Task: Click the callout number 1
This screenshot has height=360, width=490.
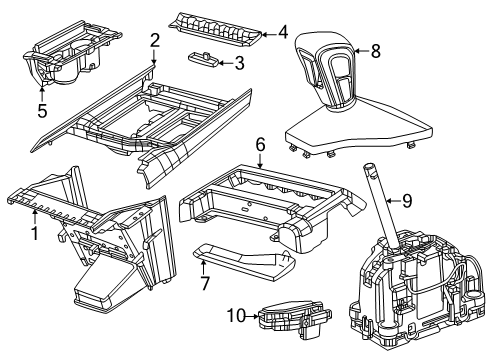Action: pyautogui.click(x=36, y=235)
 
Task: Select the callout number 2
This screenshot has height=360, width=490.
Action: pyautogui.click(x=155, y=40)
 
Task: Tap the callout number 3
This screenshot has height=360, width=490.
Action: pyautogui.click(x=240, y=64)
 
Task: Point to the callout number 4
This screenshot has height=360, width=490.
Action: pyautogui.click(x=283, y=30)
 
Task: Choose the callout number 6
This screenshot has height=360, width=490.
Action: pyautogui.click(x=259, y=145)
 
